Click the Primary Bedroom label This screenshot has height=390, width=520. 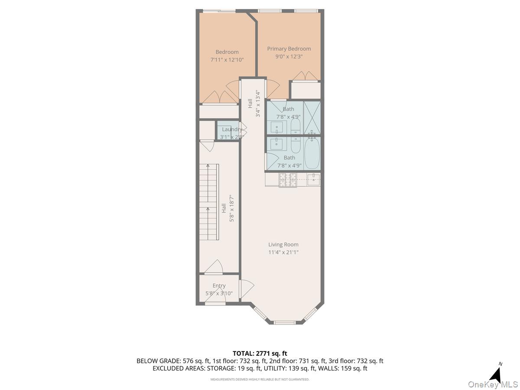pyautogui.click(x=289, y=49)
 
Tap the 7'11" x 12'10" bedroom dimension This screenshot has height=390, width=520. pyautogui.click(x=227, y=60)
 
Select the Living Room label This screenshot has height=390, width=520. pyautogui.click(x=283, y=244)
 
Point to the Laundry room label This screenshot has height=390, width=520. pyautogui.click(x=232, y=129)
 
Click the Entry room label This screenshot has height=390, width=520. pyautogui.click(x=219, y=286)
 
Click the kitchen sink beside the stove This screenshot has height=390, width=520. pyautogui.click(x=313, y=179)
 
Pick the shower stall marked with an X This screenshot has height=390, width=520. pyautogui.click(x=312, y=117)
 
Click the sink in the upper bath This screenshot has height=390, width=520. pyautogui.click(x=277, y=127)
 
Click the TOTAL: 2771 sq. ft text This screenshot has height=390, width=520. pyautogui.click(x=260, y=354)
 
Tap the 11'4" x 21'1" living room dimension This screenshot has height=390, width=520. pyautogui.click(x=283, y=252)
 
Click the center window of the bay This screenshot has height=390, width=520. pyautogui.click(x=285, y=322)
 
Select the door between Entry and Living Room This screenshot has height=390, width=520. pyautogui.click(x=246, y=289)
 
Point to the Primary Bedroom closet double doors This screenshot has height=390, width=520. pyautogui.click(x=305, y=76)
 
